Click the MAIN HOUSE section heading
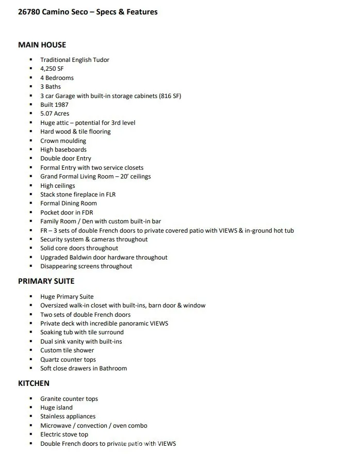[42, 45]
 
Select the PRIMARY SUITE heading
[46, 281]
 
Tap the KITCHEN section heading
[34, 383]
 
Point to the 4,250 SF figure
[52, 69]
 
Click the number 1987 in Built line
[61, 105]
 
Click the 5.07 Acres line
[55, 113]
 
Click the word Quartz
[51, 360]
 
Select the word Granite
[52, 399]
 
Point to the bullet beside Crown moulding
[31, 141]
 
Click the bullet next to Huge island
[31, 408]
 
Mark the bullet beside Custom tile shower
[31, 350]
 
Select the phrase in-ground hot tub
[268, 231]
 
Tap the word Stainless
[53, 416]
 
